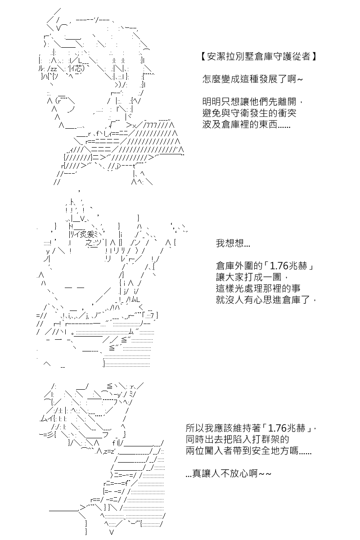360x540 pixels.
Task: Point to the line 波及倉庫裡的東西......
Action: pyautogui.click(x=246, y=125)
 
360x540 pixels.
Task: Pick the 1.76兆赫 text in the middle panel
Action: pyautogui.click(x=291, y=266)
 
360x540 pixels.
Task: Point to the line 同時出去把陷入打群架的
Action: pyautogui.click(x=237, y=439)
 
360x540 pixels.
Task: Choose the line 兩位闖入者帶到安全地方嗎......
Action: pyautogui.click(x=248, y=450)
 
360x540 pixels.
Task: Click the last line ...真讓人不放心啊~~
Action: pyautogui.click(x=228, y=473)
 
